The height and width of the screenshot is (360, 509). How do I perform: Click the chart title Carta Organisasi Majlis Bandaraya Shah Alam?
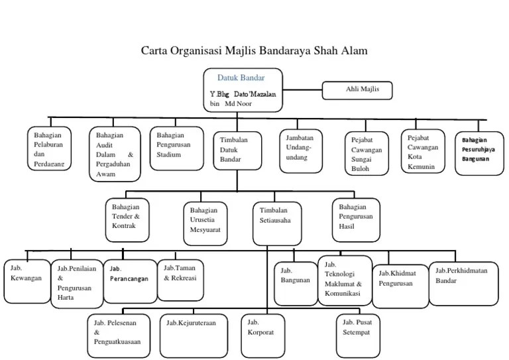click(254, 51)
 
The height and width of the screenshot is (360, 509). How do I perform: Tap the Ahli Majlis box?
click(358, 90)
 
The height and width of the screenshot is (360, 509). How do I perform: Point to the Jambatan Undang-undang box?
click(302, 149)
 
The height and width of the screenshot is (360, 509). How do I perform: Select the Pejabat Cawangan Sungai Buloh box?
click(368, 153)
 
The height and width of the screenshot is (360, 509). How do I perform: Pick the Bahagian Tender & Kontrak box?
click(128, 218)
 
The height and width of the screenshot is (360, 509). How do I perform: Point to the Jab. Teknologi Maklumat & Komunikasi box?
click(343, 280)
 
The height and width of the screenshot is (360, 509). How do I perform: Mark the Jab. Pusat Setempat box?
click(358, 329)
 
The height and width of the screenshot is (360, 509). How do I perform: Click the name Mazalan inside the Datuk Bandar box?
click(260, 95)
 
